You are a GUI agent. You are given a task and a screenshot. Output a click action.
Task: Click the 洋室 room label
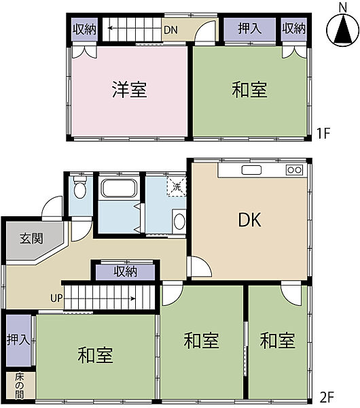pos(129,90)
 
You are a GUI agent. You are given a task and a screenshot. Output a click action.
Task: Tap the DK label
pos(249,220)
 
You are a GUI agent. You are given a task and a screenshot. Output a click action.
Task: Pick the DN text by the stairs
pos(170,30)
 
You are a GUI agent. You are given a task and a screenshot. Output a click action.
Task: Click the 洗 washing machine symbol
pos(176,186)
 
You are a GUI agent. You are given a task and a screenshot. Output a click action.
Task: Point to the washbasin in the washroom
pos(179,220)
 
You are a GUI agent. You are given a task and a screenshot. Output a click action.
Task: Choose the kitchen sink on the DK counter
pos(251,169)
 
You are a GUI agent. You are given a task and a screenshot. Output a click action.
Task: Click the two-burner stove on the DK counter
pos(294,169)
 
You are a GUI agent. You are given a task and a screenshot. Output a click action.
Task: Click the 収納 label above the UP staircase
pos(125,271)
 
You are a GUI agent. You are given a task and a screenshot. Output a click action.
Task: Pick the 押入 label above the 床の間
pos(18,340)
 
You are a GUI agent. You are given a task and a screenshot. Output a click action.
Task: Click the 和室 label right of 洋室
pos(249,90)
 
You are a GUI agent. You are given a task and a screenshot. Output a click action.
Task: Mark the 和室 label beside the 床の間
pos(95,355)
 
